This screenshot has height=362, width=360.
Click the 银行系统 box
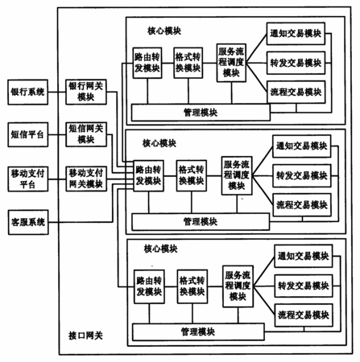point(28,92)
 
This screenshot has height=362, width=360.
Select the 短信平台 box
point(28,134)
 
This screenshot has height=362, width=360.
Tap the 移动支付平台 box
point(28,179)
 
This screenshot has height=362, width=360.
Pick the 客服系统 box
point(28,222)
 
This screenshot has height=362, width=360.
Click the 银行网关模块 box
point(86,92)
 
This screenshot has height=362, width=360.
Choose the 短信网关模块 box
point(86,134)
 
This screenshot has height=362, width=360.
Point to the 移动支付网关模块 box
point(86,179)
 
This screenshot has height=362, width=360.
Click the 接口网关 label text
point(85,335)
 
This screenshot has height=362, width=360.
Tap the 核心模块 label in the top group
point(164,31)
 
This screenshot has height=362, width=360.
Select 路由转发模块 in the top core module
point(147,63)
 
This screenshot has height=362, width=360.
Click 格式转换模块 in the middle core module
point(192,175)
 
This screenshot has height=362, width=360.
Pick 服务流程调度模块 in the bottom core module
point(238,286)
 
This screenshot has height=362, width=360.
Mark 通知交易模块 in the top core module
point(296,34)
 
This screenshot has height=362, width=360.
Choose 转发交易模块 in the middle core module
point(302,176)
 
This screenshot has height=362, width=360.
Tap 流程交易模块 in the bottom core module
point(304,315)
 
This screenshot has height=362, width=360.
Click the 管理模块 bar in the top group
point(201,113)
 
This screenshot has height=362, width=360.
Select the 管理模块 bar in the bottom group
point(198,332)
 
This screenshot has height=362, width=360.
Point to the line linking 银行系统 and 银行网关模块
point(57,92)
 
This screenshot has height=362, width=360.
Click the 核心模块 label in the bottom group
point(160,249)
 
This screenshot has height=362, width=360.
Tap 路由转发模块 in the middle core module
point(148,175)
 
